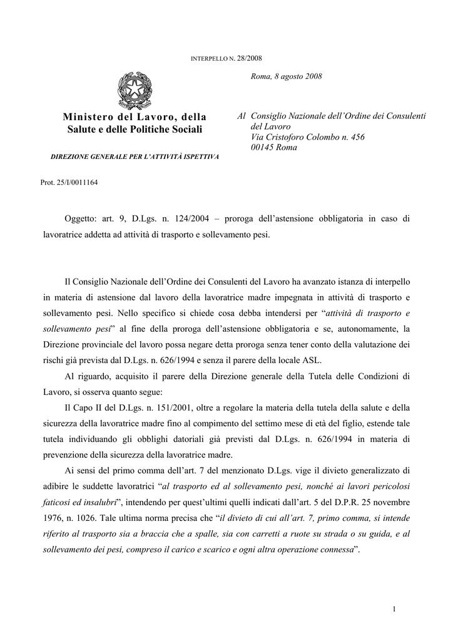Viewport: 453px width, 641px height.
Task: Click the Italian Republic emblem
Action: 135,91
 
